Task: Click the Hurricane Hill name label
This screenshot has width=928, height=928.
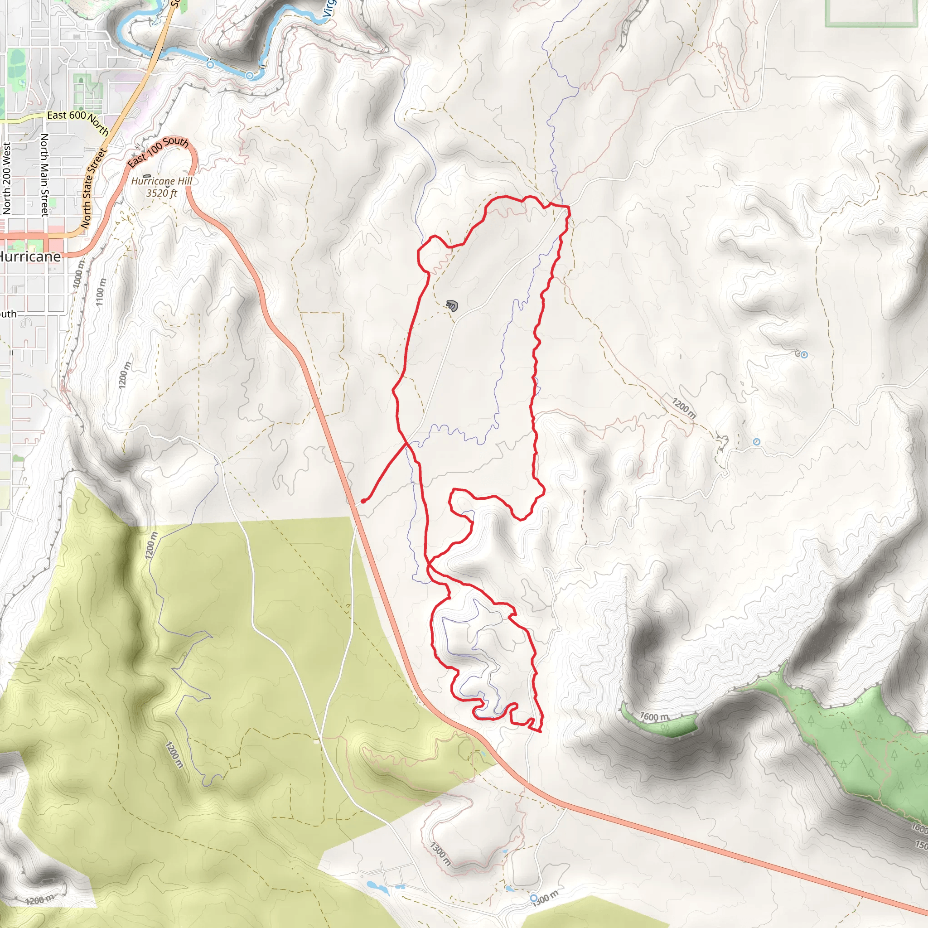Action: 161,181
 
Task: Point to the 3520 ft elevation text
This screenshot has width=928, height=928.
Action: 161,193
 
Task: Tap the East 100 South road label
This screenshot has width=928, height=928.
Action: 158,151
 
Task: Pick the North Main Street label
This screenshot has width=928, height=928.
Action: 44,175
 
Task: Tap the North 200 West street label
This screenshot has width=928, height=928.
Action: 7,178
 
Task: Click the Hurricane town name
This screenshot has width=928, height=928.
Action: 30,256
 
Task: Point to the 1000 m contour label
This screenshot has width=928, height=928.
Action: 79,274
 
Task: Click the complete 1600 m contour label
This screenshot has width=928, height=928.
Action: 654,717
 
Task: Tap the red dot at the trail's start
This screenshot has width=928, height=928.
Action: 363,502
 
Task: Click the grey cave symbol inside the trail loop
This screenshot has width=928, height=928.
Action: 451,304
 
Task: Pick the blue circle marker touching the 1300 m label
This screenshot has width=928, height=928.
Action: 534,898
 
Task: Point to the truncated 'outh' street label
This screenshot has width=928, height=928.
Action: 8,314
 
